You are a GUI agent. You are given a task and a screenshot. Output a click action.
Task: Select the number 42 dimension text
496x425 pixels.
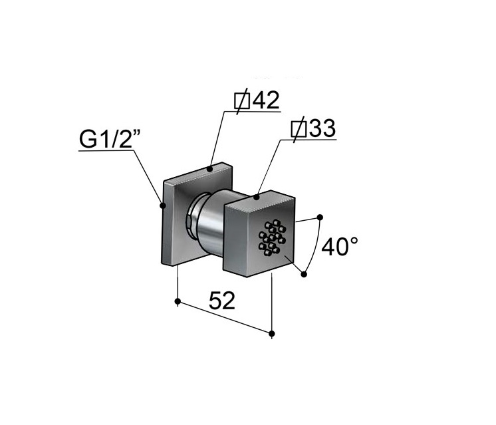(266, 100)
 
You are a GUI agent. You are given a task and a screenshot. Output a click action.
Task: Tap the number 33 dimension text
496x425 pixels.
(322, 128)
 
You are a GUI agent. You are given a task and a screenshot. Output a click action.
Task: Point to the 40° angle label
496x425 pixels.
(340, 247)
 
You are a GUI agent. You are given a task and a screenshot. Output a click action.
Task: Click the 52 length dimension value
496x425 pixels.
(222, 301)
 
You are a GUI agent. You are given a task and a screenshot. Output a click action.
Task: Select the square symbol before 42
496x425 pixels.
(242, 101)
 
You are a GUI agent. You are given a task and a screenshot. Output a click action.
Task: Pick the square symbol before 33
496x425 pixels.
(299, 129)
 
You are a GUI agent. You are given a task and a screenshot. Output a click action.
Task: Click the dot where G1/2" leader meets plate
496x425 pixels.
(163, 206)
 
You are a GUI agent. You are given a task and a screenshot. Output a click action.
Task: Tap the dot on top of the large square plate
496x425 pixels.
(209, 169)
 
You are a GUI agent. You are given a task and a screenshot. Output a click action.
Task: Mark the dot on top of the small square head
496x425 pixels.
(257, 198)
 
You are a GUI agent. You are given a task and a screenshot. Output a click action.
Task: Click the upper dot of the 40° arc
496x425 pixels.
(320, 217)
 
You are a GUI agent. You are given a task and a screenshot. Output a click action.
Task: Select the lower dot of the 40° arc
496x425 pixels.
(304, 275)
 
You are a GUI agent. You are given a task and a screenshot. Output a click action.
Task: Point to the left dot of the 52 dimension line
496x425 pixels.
(178, 301)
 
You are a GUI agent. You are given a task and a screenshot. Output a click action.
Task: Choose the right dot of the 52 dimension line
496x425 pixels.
(272, 333)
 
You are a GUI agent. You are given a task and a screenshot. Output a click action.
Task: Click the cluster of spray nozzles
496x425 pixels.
(272, 237)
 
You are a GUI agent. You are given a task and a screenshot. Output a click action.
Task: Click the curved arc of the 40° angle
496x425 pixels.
(315, 246)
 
